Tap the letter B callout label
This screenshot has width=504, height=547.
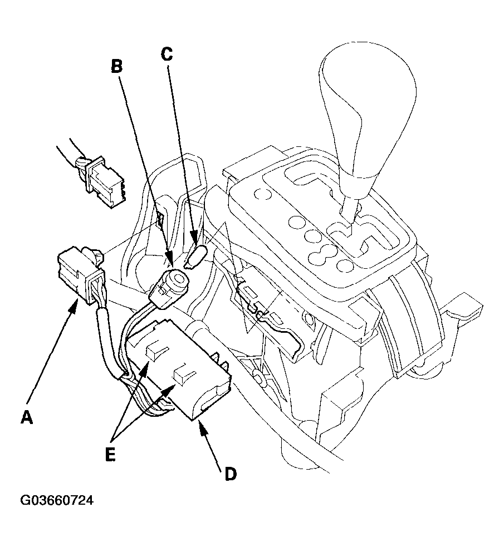[116, 66]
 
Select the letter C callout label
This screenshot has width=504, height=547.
[167, 53]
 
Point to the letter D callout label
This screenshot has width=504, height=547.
[230, 473]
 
